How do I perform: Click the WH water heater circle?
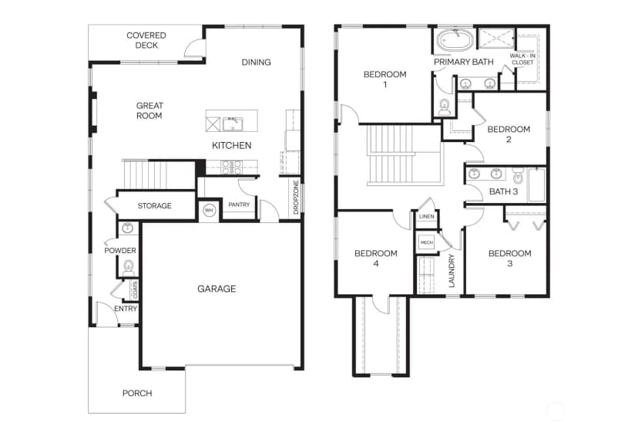tap(209, 211)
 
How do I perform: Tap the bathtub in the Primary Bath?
tap(455, 41)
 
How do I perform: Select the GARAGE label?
tap(217, 289)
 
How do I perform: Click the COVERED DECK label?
tap(146, 40)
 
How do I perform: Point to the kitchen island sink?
tap(233, 123)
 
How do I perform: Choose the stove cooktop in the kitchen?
tap(231, 167)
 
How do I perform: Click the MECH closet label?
tap(426, 242)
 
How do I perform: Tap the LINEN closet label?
tap(426, 216)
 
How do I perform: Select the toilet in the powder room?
tap(129, 269)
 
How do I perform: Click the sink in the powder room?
tap(128, 228)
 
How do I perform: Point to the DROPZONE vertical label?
tap(296, 198)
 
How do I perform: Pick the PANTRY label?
tap(239, 205)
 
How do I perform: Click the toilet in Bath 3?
tap(518, 175)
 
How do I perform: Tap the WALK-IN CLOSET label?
tap(522, 59)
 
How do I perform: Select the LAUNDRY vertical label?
tap(452, 271)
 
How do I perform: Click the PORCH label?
tap(137, 394)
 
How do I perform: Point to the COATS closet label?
tap(135, 289)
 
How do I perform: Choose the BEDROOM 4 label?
tap(375, 259)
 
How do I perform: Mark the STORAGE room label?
tap(155, 206)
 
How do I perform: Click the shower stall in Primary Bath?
tap(496, 39)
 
